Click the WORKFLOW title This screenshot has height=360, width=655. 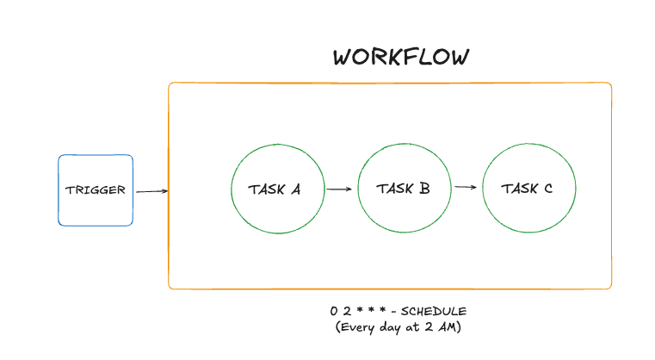(401, 58)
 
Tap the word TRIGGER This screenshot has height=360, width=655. (96, 190)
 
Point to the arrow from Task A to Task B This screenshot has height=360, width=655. (340, 189)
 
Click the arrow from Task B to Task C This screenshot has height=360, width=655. (466, 187)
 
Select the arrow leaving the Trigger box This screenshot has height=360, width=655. (151, 192)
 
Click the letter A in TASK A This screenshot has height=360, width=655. (295, 189)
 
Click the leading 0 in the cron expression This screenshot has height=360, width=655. (332, 310)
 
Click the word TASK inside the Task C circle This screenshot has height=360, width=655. (519, 189)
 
